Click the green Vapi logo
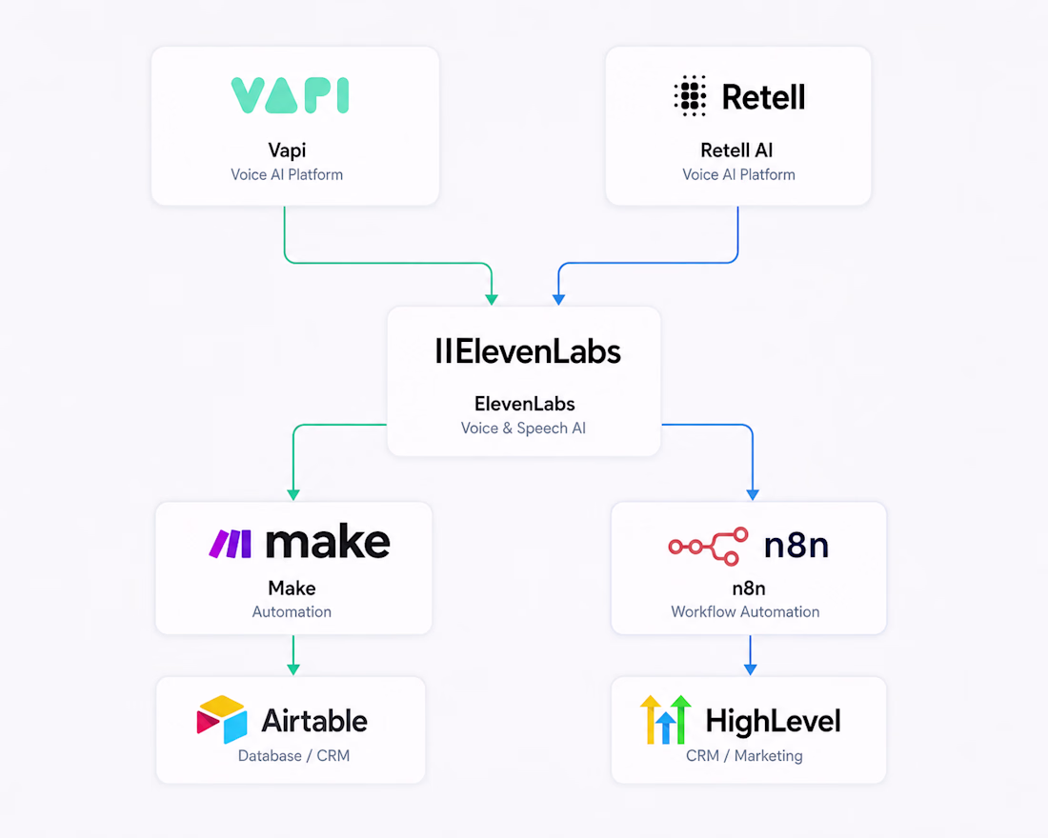pyautogui.click(x=290, y=95)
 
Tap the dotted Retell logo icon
pyautogui.click(x=691, y=96)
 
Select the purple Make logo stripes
pyautogui.click(x=231, y=544)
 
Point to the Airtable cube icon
pyautogui.click(x=222, y=720)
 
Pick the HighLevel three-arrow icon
pyautogui.click(x=665, y=720)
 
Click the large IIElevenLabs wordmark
pyautogui.click(x=528, y=351)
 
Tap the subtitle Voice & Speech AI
pyautogui.click(x=523, y=429)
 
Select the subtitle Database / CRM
pyautogui.click(x=294, y=756)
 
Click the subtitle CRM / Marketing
pyautogui.click(x=745, y=756)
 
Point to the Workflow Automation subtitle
pyautogui.click(x=745, y=611)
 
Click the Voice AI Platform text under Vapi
pyautogui.click(x=287, y=174)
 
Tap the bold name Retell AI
pyautogui.click(x=736, y=150)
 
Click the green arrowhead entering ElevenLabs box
pyautogui.click(x=492, y=299)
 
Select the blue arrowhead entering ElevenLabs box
pyautogui.click(x=558, y=299)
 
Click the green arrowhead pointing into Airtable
pyautogui.click(x=293, y=668)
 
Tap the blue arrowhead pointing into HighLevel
pyautogui.click(x=751, y=668)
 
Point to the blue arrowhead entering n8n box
pyautogui.click(x=754, y=494)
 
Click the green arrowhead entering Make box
pyautogui.click(x=293, y=494)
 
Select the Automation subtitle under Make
pyautogui.click(x=292, y=611)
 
